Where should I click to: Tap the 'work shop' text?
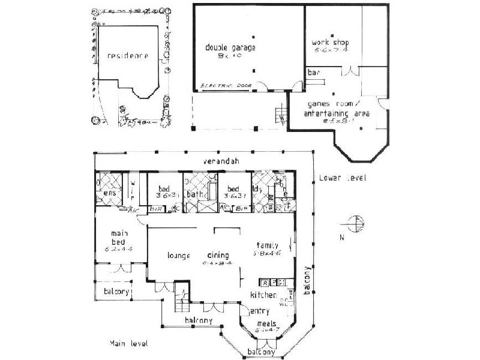point(329,43)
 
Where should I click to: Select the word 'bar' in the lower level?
point(313,73)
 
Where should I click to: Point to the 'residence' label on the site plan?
point(127,56)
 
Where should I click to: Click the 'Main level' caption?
point(129,343)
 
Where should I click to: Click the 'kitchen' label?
point(264,295)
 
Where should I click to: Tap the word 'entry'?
point(259,311)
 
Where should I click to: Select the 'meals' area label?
point(265,323)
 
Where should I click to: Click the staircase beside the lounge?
point(180,303)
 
